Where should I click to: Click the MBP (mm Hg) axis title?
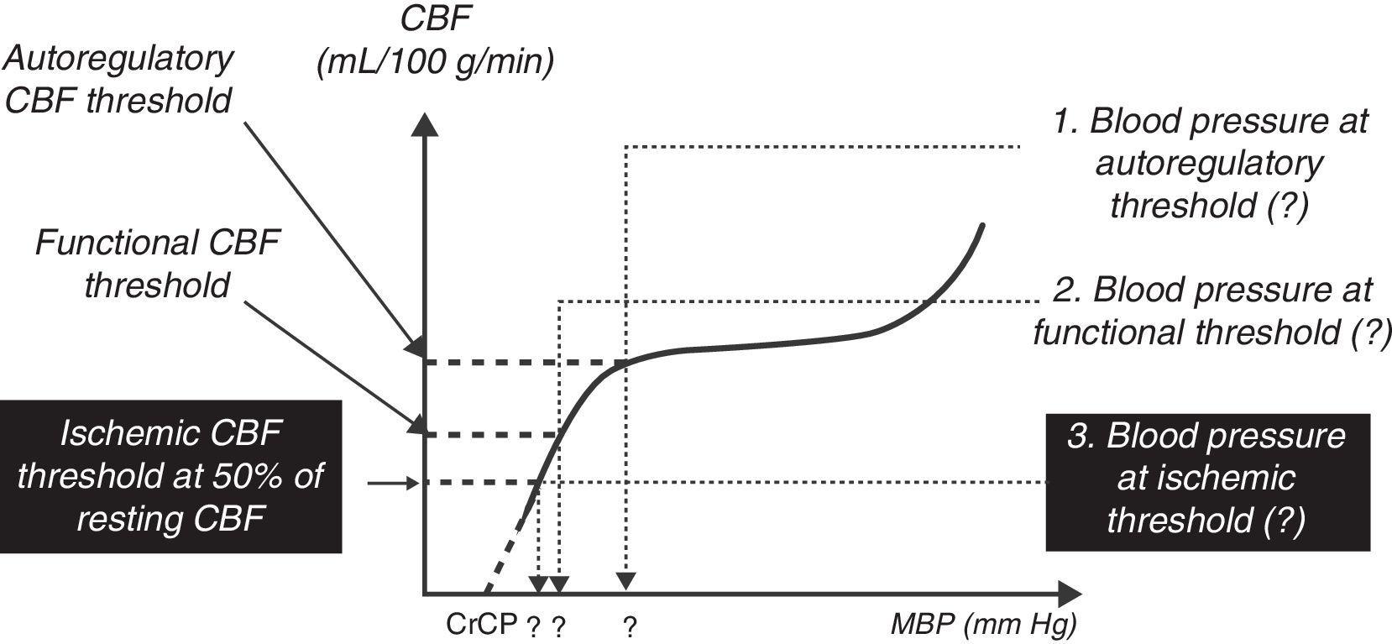pyautogui.click(x=983, y=624)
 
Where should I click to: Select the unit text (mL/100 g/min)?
pyautogui.click(x=436, y=63)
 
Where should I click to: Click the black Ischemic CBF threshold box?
pyautogui.click(x=171, y=476)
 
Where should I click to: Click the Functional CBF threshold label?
pyautogui.click(x=156, y=264)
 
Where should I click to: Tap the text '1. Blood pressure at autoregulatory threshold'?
pyautogui.click(x=1209, y=163)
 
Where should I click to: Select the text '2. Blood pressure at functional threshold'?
pyautogui.click(x=1211, y=311)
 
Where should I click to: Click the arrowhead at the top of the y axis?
pyautogui.click(x=426, y=125)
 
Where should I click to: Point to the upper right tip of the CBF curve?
pyautogui.click(x=980, y=225)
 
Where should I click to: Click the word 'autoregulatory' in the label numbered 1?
pyautogui.click(x=1209, y=163)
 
